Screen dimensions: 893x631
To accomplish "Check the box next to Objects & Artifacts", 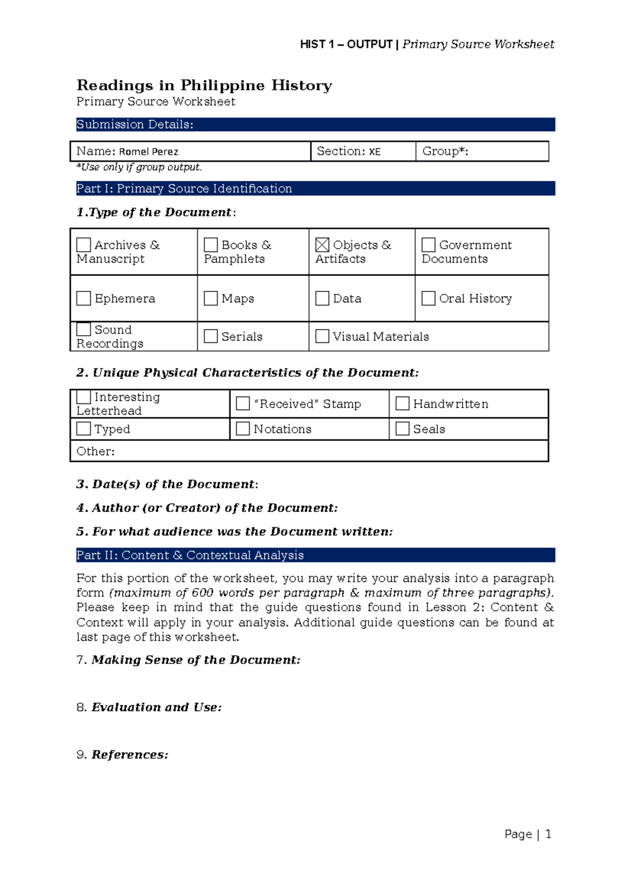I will (x=322, y=245).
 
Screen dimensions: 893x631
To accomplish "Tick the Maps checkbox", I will (x=211, y=299).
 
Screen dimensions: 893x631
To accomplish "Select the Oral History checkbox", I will (x=429, y=299).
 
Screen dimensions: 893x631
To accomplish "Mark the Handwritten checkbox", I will (x=402, y=403).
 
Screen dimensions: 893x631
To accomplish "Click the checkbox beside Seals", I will (x=402, y=429).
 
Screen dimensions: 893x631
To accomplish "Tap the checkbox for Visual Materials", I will (x=322, y=337).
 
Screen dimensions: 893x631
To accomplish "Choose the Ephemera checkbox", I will (x=84, y=299).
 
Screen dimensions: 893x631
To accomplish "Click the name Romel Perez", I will (x=148, y=152).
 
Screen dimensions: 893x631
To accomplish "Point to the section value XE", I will (x=374, y=152).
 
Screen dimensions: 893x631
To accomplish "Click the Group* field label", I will (x=445, y=151).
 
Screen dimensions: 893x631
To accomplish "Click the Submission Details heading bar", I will (x=315, y=125).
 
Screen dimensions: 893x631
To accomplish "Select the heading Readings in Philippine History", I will (x=204, y=85).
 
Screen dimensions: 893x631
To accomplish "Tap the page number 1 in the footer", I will (x=548, y=834).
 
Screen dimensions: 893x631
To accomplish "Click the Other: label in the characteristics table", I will (x=95, y=451).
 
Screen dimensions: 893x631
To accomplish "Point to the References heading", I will (x=129, y=755).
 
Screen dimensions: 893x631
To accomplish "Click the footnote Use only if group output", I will (x=139, y=167).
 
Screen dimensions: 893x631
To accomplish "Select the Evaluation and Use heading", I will (x=156, y=707).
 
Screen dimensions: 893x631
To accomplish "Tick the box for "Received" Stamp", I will (x=242, y=403).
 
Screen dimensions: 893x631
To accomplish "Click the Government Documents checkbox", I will (x=429, y=245).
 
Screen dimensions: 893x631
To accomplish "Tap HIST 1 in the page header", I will (x=317, y=45).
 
